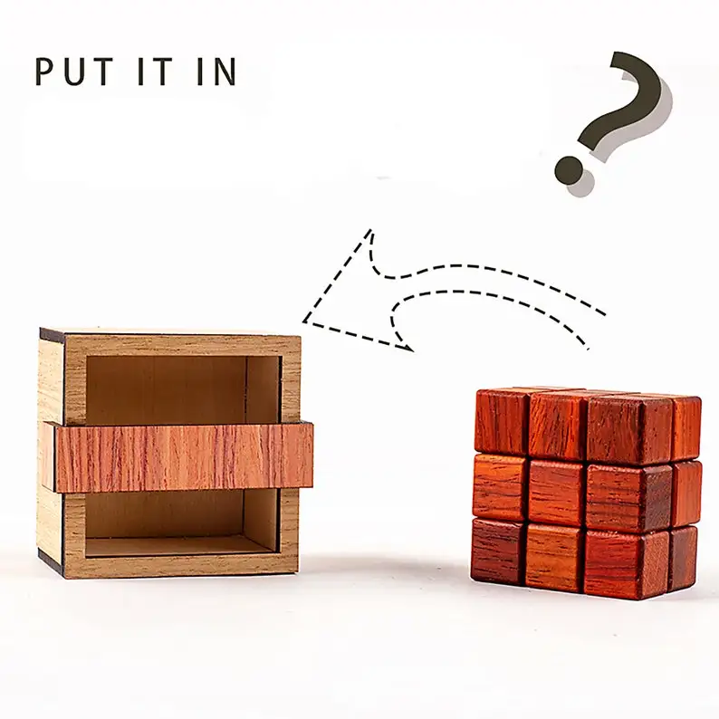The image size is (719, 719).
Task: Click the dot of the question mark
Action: pos(570,168)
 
